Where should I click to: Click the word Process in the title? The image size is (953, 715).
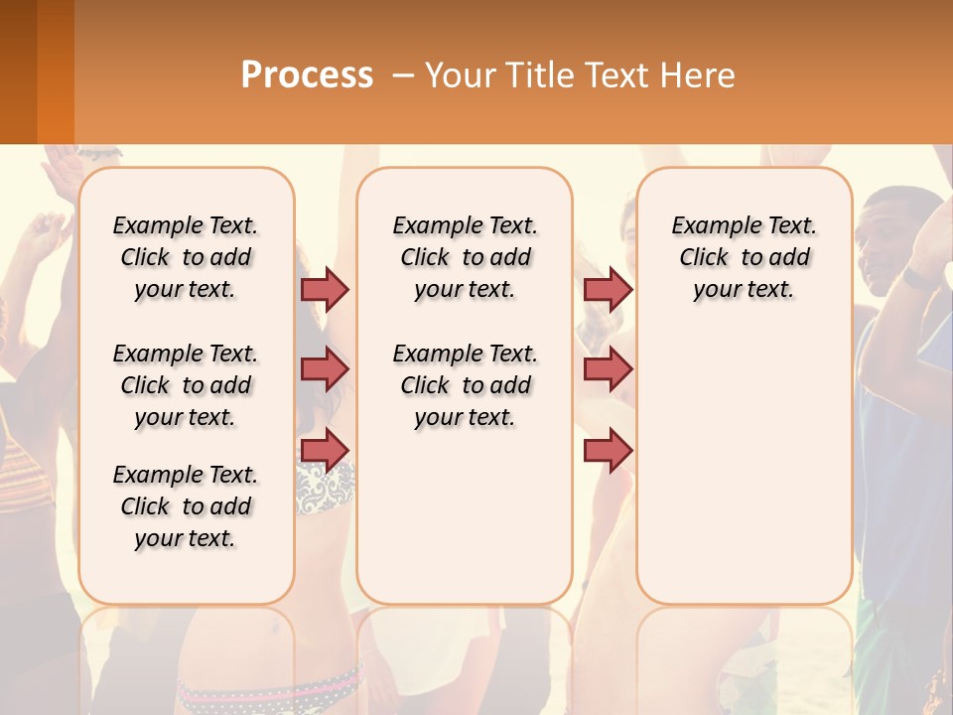click(307, 75)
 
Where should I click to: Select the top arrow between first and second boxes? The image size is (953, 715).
click(325, 289)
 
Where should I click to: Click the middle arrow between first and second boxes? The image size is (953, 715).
click(325, 369)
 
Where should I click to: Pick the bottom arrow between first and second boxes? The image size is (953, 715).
click(325, 450)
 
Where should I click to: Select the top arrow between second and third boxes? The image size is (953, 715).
click(608, 289)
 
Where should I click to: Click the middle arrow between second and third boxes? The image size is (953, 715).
click(608, 369)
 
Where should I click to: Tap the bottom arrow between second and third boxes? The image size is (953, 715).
click(608, 450)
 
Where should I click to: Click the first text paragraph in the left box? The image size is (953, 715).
click(186, 257)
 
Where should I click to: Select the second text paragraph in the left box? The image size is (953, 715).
click(186, 385)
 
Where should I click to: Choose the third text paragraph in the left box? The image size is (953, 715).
click(186, 506)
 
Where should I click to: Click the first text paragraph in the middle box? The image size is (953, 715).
click(465, 257)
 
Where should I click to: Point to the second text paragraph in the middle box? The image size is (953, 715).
click(465, 385)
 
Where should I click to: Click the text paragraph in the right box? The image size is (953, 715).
click(744, 257)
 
